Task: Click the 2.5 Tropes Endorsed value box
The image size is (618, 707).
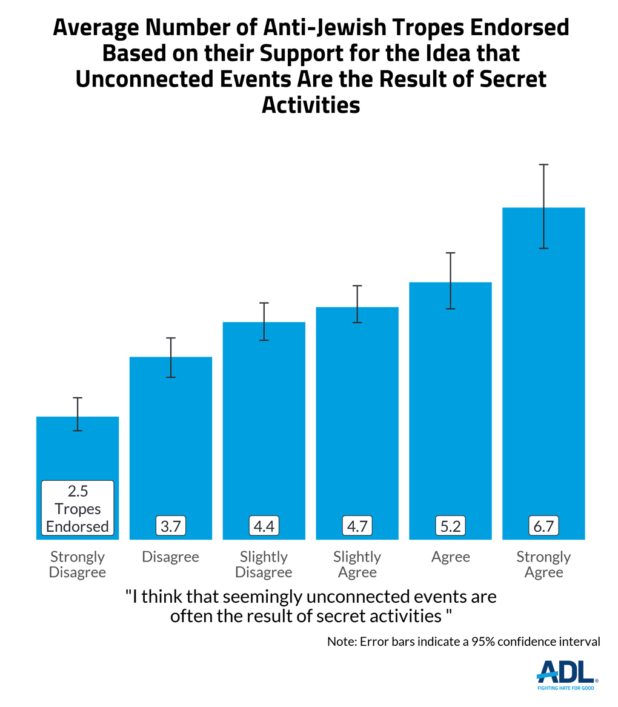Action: (78, 508)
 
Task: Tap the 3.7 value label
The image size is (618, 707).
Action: (171, 526)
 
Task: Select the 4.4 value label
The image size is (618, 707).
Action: (264, 526)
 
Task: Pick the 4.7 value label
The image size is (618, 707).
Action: (357, 526)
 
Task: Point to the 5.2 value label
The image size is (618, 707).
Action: (451, 526)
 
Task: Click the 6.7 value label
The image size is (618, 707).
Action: (544, 526)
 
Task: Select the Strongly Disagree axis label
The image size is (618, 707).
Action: (78, 564)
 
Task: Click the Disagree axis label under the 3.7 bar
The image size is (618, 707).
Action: (171, 557)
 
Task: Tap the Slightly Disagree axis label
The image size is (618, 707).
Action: (264, 564)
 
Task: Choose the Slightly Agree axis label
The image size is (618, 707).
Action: (357, 564)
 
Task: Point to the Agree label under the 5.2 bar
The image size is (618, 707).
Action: (451, 557)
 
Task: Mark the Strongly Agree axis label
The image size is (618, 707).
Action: (544, 564)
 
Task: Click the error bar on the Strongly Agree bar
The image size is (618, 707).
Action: (544, 206)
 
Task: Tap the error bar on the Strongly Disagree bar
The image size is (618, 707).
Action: (78, 414)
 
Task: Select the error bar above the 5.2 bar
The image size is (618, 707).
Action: (451, 281)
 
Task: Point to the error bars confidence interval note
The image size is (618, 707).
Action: (463, 642)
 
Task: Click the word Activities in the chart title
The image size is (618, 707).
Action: (311, 105)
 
